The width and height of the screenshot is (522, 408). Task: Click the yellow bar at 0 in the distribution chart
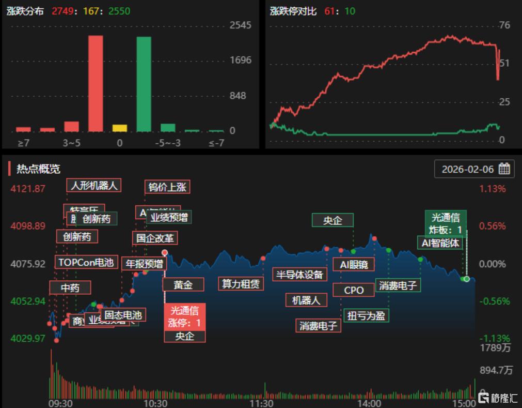pos(120,128)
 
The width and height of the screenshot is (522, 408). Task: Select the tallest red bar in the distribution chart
pos(96,83)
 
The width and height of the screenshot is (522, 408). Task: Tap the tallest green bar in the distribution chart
pos(144,84)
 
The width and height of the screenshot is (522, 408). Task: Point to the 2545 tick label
pos(240,25)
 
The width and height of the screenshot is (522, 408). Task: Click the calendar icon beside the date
pos(504,169)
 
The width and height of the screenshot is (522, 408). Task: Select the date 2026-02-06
pos(468,169)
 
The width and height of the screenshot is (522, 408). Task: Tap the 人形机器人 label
pos(94,185)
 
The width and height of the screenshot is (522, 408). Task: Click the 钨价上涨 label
pos(167,187)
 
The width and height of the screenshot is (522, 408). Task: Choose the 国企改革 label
pos(155,238)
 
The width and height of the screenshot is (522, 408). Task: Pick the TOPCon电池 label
pos(86,262)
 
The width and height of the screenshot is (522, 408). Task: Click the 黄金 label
pos(183,284)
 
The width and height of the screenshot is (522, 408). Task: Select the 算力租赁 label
pos(241,283)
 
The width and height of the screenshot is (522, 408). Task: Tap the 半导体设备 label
pos(299,275)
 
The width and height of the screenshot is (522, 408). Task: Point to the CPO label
pos(354,290)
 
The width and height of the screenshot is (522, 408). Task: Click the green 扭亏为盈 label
pos(367,315)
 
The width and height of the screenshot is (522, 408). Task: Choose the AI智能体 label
pos(440,243)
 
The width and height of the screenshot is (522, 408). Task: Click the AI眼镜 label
pos(354,264)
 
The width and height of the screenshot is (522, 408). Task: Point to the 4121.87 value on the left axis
pos(28,189)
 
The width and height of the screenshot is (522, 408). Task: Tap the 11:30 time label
pos(261,403)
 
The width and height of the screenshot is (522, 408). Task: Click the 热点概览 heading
pos(38,169)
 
